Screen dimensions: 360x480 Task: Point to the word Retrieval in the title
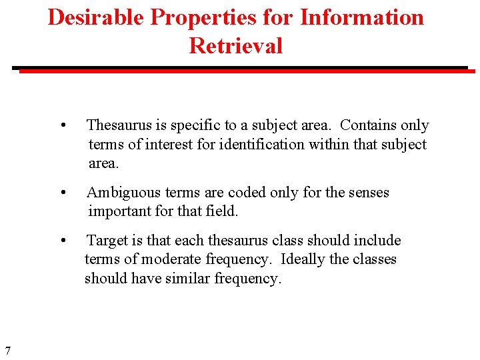click(x=236, y=45)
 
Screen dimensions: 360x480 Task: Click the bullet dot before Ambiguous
click(x=62, y=193)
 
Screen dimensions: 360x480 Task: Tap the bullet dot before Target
click(x=62, y=241)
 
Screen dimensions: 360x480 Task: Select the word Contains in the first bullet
click(x=369, y=125)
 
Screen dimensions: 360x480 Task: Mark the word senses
click(x=367, y=193)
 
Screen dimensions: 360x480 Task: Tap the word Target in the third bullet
click(x=107, y=240)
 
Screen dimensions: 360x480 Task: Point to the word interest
click(x=170, y=145)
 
